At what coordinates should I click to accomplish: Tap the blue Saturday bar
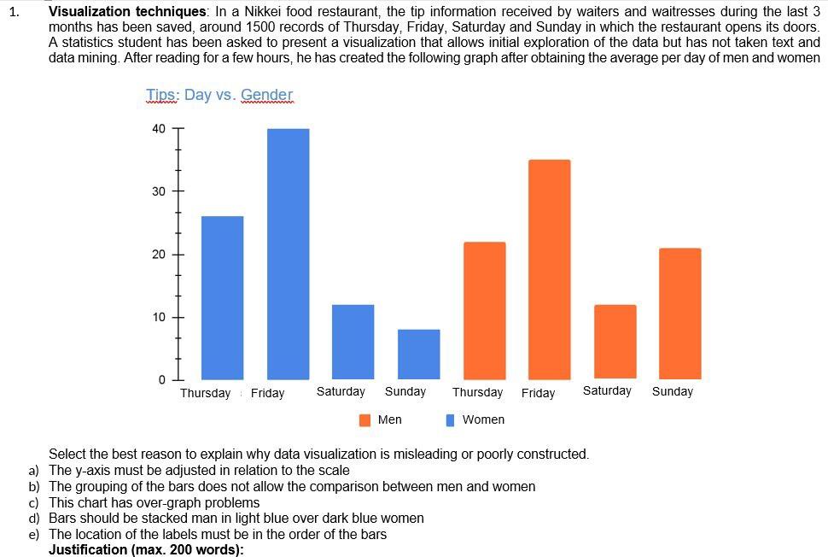click(353, 342)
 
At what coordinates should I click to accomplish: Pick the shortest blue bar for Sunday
click(418, 354)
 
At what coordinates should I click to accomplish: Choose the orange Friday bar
click(550, 269)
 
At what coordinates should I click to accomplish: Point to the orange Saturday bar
click(615, 341)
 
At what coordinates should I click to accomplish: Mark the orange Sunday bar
click(679, 314)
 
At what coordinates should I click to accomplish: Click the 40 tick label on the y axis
click(159, 129)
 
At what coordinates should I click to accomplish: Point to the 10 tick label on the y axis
click(159, 318)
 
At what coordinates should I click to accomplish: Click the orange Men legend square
click(365, 419)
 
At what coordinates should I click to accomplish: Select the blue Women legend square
click(450, 419)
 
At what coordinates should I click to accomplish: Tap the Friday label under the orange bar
click(538, 393)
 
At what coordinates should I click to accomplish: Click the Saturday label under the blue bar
click(341, 391)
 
